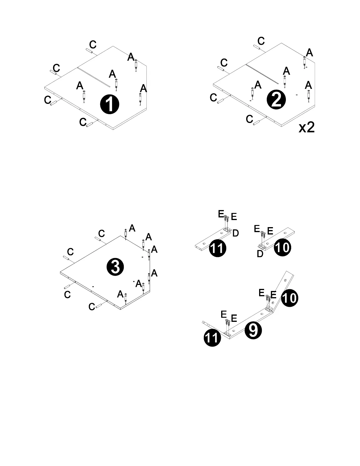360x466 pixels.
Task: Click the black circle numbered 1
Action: click(109, 104)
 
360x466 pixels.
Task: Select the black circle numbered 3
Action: click(115, 267)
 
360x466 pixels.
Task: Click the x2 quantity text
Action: click(306, 127)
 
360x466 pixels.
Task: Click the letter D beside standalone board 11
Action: click(235, 233)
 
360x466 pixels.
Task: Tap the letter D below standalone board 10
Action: click(260, 254)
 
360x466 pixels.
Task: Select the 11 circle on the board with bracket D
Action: click(217, 248)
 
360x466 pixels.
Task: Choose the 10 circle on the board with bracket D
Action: click(282, 247)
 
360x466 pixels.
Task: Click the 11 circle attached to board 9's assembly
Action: click(212, 338)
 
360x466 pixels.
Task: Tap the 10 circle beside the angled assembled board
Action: click(289, 298)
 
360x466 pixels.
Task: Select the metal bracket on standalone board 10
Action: click(262, 245)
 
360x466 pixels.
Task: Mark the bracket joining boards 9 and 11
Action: click(227, 333)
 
